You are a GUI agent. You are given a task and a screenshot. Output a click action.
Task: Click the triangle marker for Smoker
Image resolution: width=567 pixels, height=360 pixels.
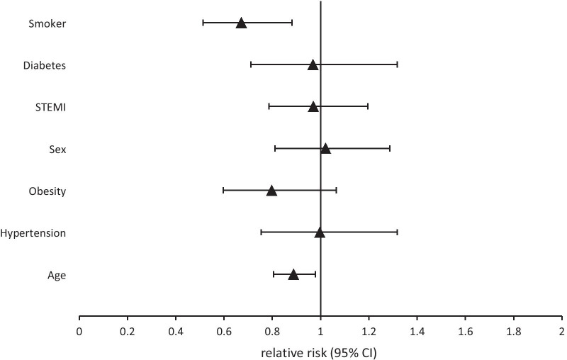(241, 23)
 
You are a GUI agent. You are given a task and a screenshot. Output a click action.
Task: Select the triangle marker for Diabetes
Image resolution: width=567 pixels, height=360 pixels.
(313, 65)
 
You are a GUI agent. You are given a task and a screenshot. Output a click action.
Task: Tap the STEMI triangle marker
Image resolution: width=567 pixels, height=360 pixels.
(313, 107)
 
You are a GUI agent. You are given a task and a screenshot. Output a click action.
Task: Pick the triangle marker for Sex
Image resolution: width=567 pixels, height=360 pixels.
(325, 149)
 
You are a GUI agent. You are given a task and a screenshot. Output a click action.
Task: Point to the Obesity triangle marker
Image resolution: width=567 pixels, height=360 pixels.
(271, 191)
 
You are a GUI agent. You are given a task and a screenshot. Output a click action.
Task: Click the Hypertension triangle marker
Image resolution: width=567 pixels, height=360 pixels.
(320, 232)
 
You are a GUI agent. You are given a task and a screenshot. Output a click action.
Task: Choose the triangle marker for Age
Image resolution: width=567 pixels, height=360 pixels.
(293, 274)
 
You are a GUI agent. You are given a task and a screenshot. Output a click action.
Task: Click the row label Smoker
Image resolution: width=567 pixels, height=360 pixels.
(47, 23)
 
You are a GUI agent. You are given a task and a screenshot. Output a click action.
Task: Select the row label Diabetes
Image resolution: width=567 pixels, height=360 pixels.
(45, 65)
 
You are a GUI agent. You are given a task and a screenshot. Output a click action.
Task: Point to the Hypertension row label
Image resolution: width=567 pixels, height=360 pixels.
(33, 233)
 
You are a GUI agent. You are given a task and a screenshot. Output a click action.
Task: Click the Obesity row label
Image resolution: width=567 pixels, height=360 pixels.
(47, 191)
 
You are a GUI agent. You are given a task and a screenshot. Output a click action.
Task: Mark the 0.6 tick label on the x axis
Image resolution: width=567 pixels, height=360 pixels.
(224, 331)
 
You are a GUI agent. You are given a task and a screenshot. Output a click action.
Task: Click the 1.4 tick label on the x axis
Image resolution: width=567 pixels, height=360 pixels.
(417, 331)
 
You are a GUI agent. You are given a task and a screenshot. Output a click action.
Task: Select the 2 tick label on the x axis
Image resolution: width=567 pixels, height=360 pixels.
(561, 331)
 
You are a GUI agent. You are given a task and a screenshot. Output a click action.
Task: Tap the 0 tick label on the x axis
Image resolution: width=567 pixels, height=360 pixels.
(79, 331)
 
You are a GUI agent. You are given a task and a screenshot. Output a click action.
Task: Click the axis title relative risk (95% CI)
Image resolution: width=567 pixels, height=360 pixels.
(320, 351)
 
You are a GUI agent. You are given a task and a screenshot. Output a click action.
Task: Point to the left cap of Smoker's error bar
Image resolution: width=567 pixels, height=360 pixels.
(203, 23)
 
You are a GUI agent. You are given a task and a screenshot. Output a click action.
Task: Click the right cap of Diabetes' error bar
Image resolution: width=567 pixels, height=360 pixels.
(397, 65)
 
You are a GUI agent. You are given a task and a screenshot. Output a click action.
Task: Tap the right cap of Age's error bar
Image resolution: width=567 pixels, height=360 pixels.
(315, 274)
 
